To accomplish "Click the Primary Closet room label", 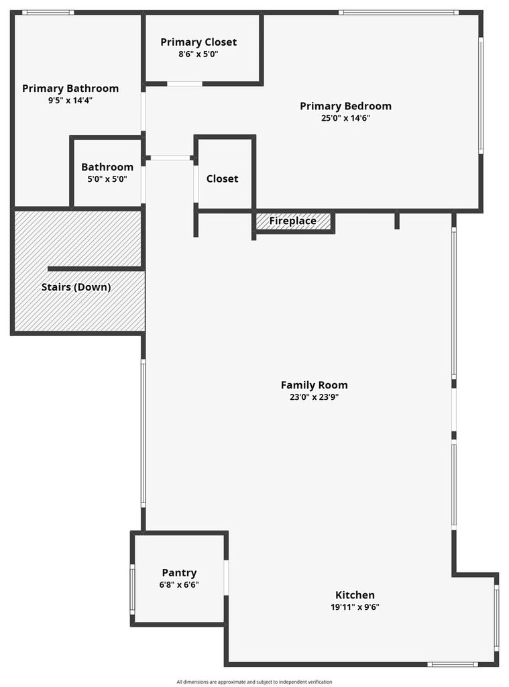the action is point(199,42).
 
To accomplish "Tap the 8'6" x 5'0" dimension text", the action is point(199,54).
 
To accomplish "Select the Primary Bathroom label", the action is point(70,89).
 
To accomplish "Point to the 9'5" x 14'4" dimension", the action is point(70,101).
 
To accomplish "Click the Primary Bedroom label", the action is point(345,106).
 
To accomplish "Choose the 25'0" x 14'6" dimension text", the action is point(345,118).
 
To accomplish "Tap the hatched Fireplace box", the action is point(293,221).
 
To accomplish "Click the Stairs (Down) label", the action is point(76,287).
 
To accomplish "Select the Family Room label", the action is point(314,385).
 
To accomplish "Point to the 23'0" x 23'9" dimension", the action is point(314,397).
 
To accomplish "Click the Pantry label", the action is point(179,573).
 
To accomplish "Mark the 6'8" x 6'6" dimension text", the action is point(179,584).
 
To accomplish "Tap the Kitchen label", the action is point(355,595).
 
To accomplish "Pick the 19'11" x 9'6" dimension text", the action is point(355,607).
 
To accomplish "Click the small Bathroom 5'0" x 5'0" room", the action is point(107,172).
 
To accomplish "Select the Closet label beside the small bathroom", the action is point(222,178).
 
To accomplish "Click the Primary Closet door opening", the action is point(185,83).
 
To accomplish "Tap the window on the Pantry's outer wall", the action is point(132,589).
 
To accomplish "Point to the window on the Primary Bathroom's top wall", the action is point(48,13).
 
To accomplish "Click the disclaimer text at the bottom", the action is point(255,682).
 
